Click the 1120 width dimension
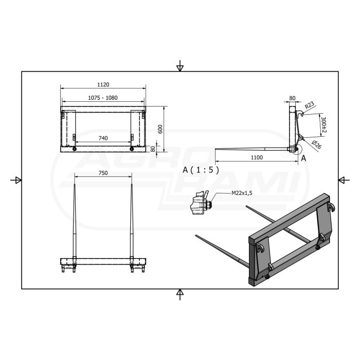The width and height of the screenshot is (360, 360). pos(103,85)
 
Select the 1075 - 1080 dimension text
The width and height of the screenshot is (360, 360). pos(103,98)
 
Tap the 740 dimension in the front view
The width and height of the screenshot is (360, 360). pos(103,138)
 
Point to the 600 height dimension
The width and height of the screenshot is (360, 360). pos(160,129)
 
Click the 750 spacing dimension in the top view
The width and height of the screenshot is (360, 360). pos(103,174)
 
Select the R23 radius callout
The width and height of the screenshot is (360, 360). pos(309,105)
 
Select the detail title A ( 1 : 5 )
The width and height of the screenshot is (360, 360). pos(201,169)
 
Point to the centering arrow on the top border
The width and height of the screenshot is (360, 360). pos(179,66)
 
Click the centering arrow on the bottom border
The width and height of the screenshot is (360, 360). pos(179,294)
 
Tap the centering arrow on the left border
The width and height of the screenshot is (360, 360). pos(16,179)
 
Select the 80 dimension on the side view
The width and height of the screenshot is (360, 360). pos(293,97)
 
